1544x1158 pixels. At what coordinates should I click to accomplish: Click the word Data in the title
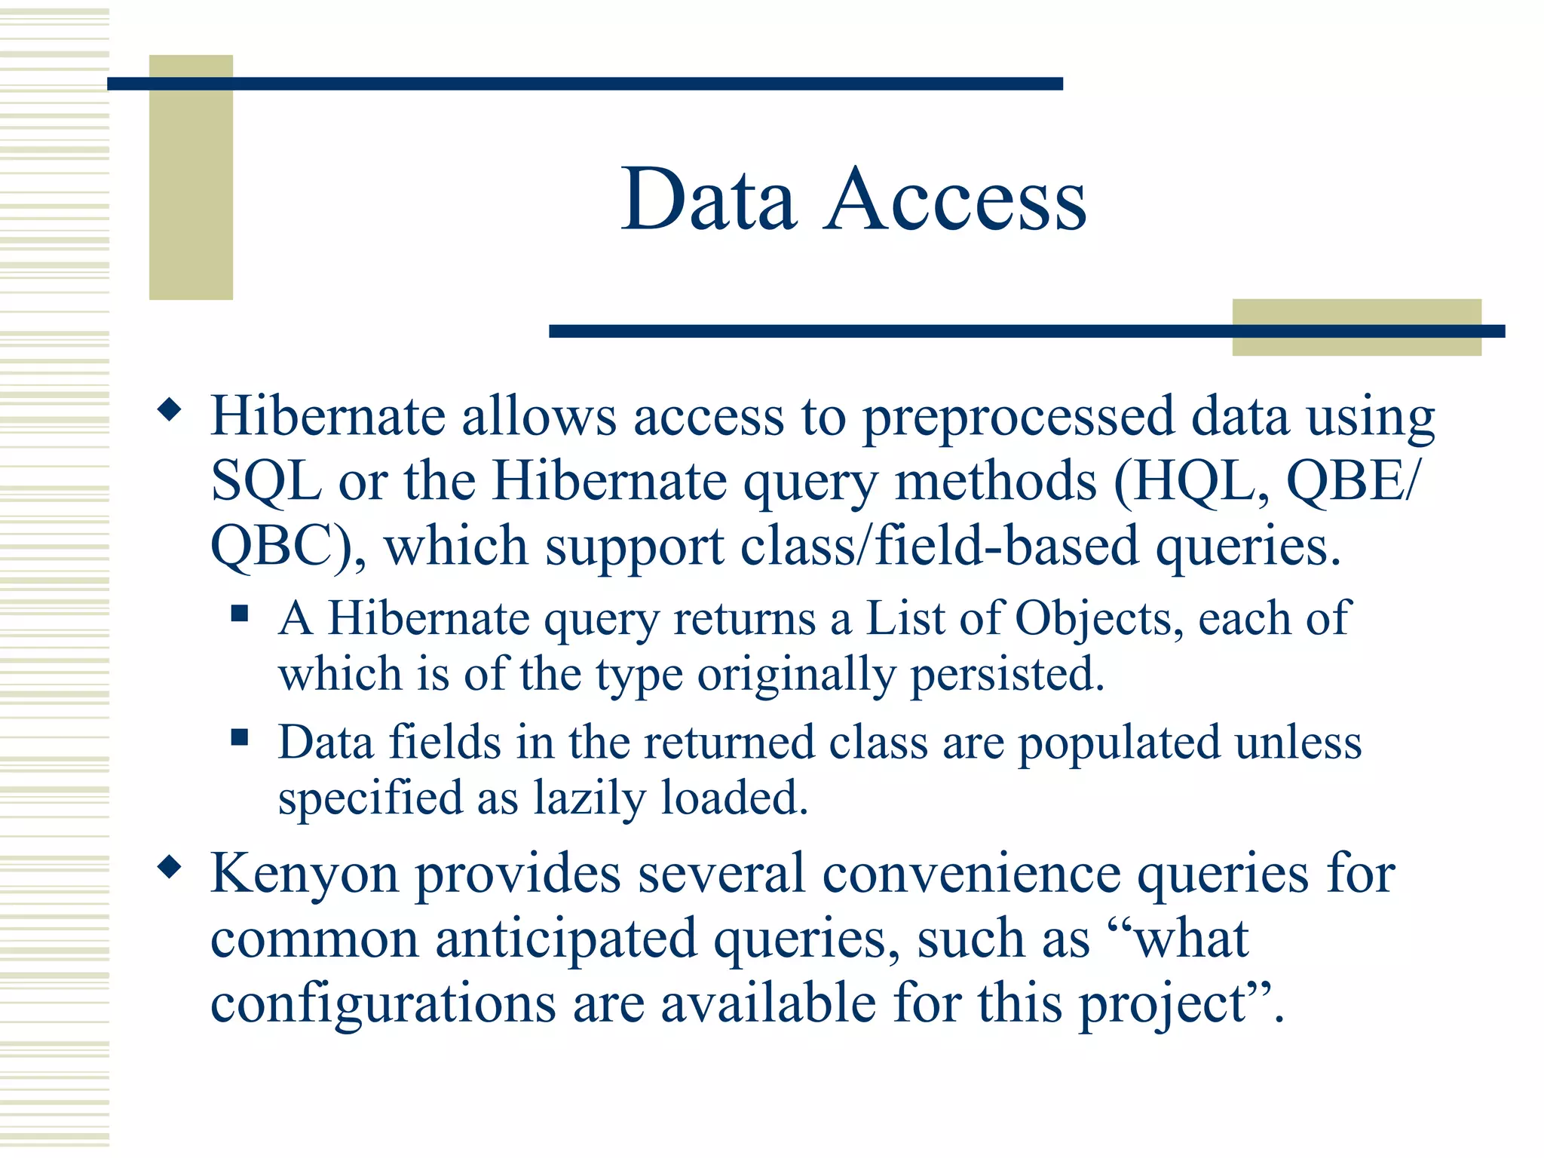(x=709, y=200)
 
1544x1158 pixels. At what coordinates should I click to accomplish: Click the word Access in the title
(x=955, y=200)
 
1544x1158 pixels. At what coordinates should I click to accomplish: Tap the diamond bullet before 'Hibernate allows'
(x=170, y=410)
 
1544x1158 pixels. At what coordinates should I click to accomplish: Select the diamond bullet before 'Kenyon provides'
(x=170, y=867)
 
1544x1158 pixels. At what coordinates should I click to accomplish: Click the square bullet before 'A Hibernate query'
(x=240, y=613)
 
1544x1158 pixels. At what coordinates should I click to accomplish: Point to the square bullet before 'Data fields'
(x=240, y=737)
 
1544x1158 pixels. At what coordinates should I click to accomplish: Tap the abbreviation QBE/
(x=1353, y=481)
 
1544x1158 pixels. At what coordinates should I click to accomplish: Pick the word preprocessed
(x=1018, y=417)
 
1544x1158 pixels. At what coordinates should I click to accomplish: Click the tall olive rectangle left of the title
(x=191, y=177)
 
